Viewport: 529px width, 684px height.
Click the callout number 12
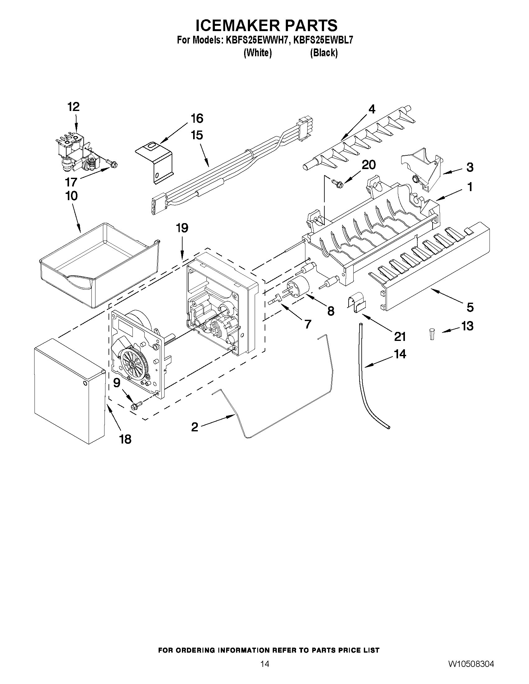click(74, 107)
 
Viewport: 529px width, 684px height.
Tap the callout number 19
click(182, 228)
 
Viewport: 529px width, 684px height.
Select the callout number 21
click(400, 337)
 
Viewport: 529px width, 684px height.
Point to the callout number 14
click(400, 354)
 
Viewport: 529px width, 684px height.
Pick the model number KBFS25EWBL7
click(323, 40)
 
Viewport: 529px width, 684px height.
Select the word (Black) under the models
click(324, 53)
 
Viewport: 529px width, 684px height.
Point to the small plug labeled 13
click(432, 334)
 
